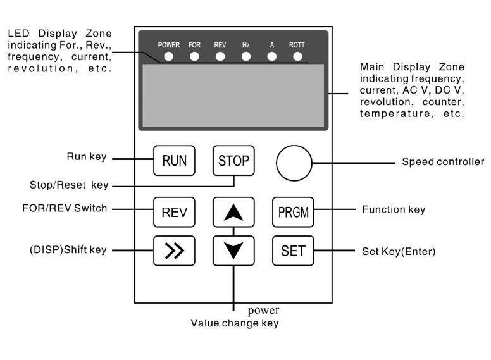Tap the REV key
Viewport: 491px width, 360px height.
click(x=174, y=212)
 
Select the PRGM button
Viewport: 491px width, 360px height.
click(x=293, y=212)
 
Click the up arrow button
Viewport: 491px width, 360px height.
click(x=233, y=212)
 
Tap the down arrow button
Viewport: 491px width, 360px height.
click(x=233, y=251)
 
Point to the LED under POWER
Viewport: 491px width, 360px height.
click(x=168, y=56)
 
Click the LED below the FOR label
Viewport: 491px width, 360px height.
click(x=194, y=56)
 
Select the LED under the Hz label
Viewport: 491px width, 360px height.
click(x=246, y=56)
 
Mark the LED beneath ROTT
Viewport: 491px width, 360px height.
click(x=297, y=56)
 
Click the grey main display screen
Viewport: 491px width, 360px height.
click(x=233, y=96)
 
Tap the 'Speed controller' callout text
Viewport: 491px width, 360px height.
click(x=442, y=162)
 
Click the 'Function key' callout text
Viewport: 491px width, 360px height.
click(x=393, y=209)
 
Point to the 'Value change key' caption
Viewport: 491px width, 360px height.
click(x=235, y=323)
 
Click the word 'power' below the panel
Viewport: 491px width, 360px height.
click(x=263, y=311)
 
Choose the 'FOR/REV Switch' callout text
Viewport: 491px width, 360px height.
click(x=65, y=208)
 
